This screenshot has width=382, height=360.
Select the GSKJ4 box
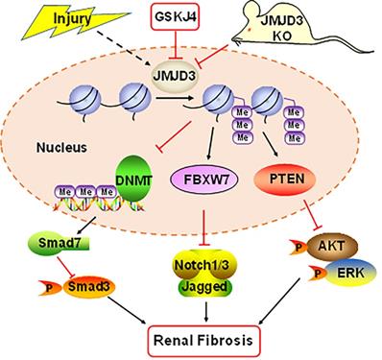point(175,17)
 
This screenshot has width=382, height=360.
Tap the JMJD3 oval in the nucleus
point(175,77)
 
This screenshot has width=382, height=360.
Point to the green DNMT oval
point(133,180)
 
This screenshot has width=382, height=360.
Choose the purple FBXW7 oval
point(204,180)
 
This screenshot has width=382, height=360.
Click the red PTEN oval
point(284,179)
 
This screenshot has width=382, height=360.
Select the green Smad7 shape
point(60,243)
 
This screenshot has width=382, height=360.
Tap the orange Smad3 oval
point(88,286)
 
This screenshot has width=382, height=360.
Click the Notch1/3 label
point(202,265)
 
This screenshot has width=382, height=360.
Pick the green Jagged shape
point(204,287)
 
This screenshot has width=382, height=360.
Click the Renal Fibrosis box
point(203,341)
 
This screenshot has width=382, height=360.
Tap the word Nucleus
point(61,148)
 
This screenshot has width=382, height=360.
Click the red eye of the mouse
point(251,30)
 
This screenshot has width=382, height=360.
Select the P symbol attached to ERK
point(317,273)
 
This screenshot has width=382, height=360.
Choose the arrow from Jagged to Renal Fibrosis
point(206,311)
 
